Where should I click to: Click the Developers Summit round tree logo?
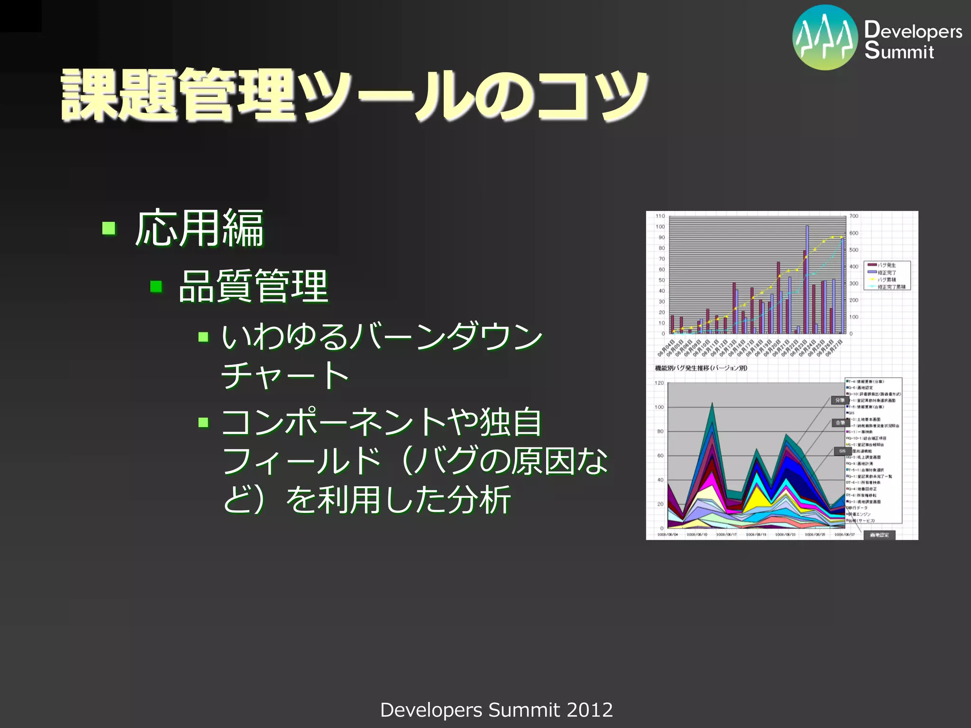[x=825, y=38]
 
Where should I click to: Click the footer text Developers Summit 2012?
[x=496, y=710]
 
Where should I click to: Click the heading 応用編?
[x=199, y=229]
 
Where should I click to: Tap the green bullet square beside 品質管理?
[x=156, y=287]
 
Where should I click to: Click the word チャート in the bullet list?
[x=284, y=376]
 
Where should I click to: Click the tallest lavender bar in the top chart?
[x=807, y=280]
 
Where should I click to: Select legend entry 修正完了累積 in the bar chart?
[x=890, y=287]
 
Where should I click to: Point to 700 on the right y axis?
[x=854, y=216]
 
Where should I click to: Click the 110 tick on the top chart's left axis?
[x=660, y=216]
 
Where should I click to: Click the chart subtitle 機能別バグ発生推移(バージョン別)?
[x=701, y=368]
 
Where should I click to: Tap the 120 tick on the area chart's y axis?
[x=659, y=383]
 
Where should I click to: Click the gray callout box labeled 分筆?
[x=839, y=400]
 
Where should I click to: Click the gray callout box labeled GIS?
[x=842, y=451]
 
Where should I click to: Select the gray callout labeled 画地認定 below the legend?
[x=879, y=535]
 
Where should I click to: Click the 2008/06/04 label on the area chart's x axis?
[x=668, y=535]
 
